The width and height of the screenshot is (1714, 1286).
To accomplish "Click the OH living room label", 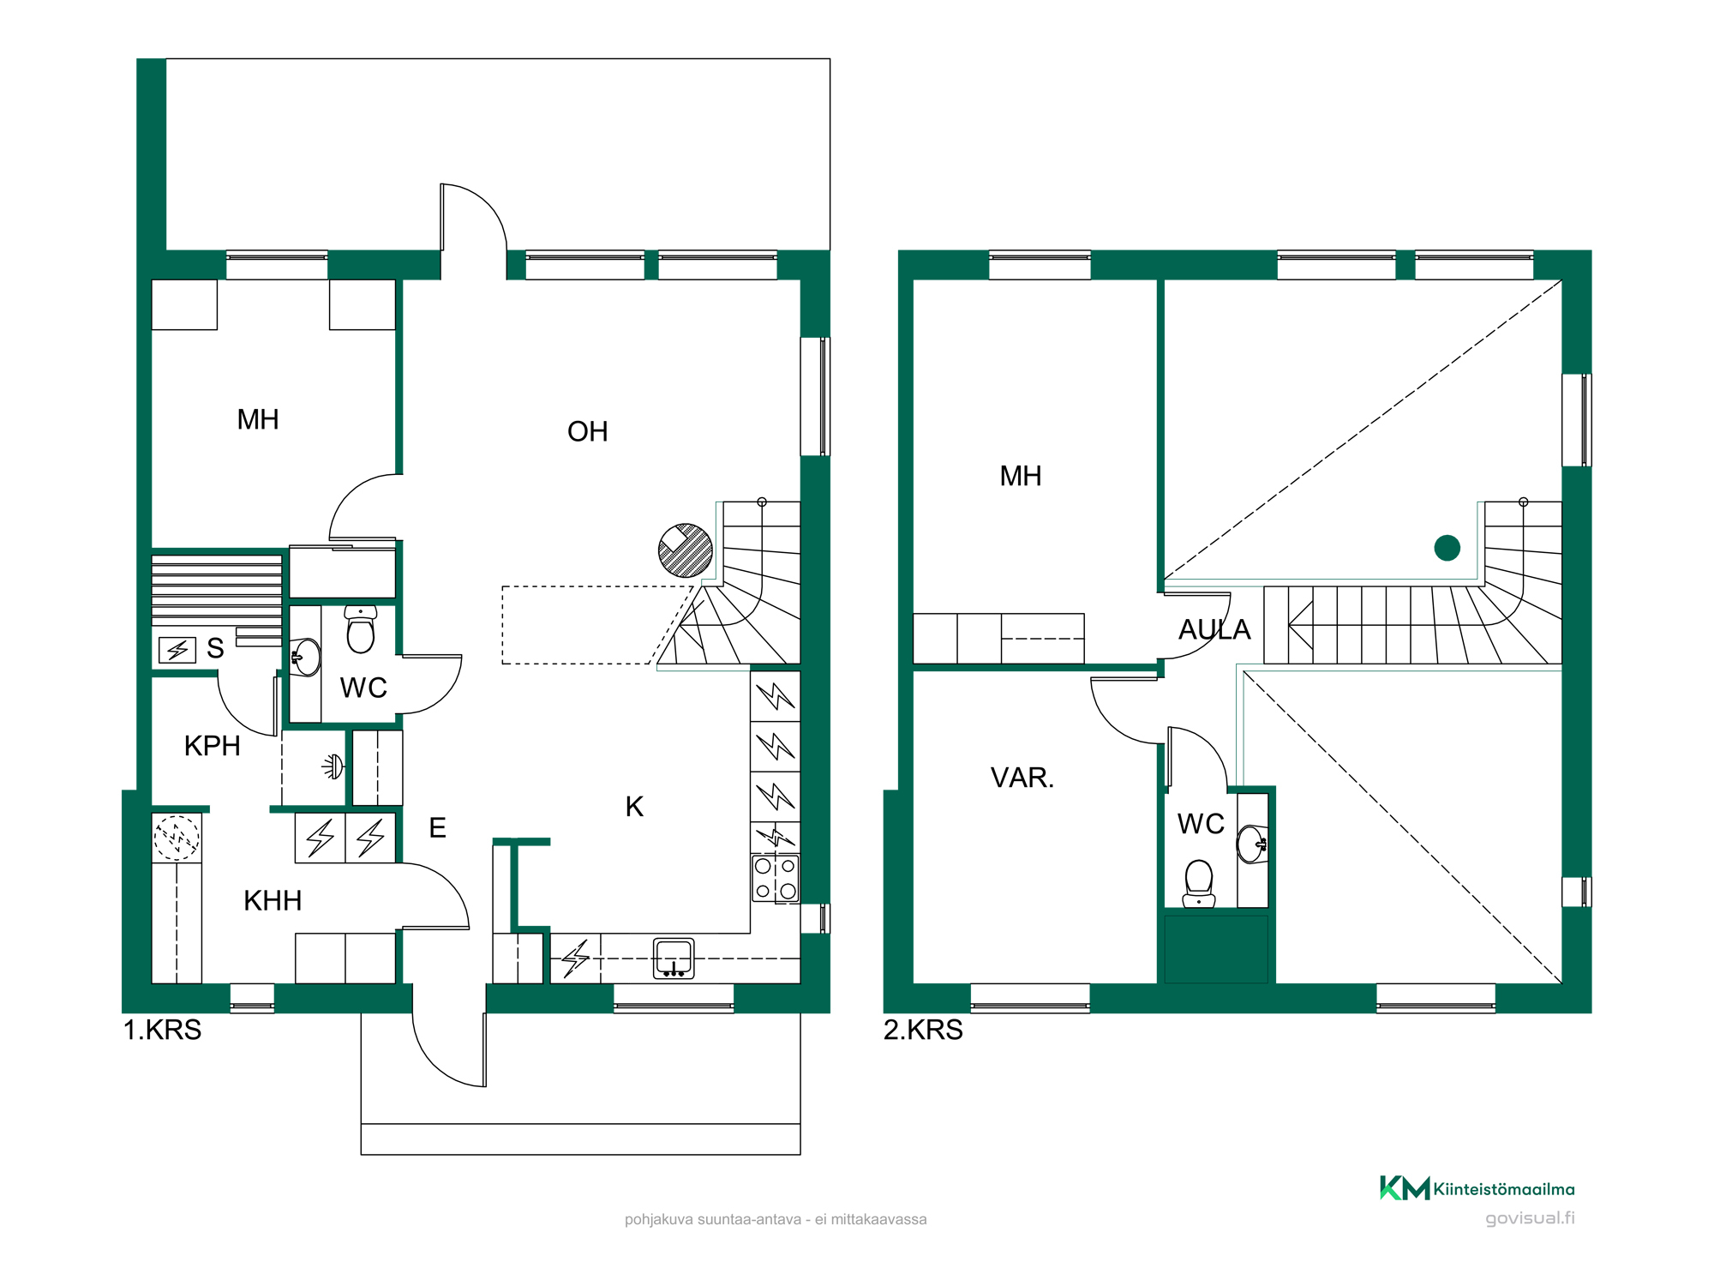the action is click(588, 431).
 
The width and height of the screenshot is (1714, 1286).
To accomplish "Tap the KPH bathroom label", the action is click(213, 746).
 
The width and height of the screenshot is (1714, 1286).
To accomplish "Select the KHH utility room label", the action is click(273, 900).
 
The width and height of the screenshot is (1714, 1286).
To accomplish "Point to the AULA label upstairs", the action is click(1214, 630).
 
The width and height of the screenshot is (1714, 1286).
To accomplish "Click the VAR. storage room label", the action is click(1022, 778).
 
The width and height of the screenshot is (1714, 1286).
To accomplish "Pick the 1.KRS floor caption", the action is click(162, 1030).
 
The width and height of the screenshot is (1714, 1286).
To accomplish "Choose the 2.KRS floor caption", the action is click(923, 1030).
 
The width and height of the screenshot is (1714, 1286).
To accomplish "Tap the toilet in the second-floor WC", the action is click(1199, 884).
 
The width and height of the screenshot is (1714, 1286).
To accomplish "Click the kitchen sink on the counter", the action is click(674, 958).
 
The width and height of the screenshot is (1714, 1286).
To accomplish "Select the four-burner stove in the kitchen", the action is click(776, 879).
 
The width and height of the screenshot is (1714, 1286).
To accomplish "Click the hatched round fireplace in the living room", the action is click(686, 550).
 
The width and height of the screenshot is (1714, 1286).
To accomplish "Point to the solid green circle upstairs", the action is click(1447, 548).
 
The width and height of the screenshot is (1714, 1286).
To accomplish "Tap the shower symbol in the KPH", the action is click(333, 766).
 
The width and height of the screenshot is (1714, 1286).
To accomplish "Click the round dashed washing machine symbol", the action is click(177, 837).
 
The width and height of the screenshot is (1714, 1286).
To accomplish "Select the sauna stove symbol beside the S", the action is click(177, 650).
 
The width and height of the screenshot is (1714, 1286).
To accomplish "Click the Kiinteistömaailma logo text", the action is click(1504, 1189).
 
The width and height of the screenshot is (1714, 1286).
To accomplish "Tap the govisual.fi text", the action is click(1530, 1218).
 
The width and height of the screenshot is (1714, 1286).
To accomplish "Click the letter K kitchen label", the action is click(634, 807).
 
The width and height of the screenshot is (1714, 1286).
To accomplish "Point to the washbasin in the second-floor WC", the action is click(1251, 844).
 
